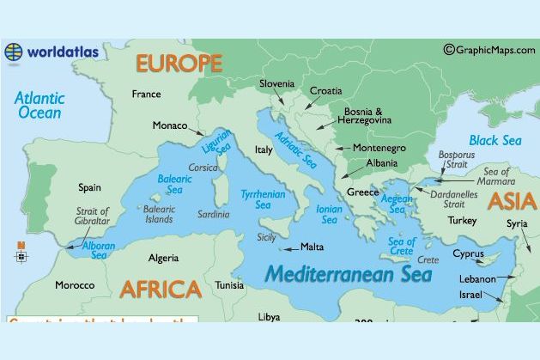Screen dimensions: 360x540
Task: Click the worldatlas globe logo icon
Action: click(x=14, y=52)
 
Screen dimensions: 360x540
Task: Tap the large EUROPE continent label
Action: click(x=178, y=64)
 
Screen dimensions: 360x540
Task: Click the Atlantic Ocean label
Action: click(x=39, y=105)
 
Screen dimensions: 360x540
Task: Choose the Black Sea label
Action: click(x=494, y=140)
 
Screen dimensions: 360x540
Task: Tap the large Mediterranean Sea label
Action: click(x=348, y=275)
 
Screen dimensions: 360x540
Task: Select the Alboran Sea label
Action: click(x=100, y=249)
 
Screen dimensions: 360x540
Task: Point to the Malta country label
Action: click(x=312, y=247)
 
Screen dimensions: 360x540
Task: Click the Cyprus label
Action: click(x=468, y=254)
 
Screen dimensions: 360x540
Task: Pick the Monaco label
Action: click(x=170, y=126)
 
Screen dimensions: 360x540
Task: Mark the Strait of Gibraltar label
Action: click(x=93, y=217)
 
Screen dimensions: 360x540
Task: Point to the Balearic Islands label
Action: click(x=159, y=214)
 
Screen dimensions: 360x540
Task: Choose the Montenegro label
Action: click(x=379, y=148)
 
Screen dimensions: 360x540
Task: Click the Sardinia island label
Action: click(x=214, y=214)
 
